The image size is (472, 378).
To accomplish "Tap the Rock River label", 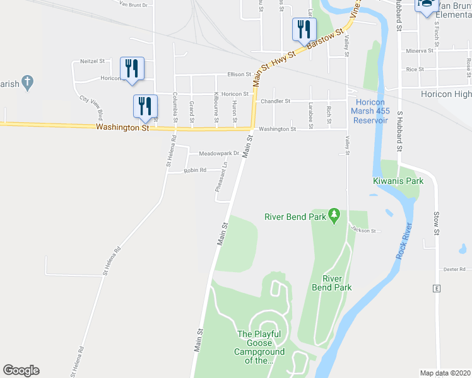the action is pos(404,241).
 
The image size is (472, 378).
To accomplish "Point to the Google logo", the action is pos(21,370).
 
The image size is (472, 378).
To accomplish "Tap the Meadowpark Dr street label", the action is pos(219,153).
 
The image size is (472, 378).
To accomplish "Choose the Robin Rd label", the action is pos(195,170).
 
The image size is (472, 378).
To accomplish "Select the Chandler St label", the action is pos(275,101).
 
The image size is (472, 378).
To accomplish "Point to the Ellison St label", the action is pos(240,74).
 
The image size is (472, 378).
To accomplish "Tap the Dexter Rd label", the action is pos(454,269).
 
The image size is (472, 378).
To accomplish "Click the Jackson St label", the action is pos(364,231).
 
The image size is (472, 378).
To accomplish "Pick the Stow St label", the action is pos(436,224).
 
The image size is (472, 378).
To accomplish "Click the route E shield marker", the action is pos(435,289).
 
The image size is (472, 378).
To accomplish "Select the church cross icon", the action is pos(27,81).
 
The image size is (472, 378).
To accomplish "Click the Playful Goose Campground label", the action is pos(259,347).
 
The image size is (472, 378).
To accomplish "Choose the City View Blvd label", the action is pos(92,107).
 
